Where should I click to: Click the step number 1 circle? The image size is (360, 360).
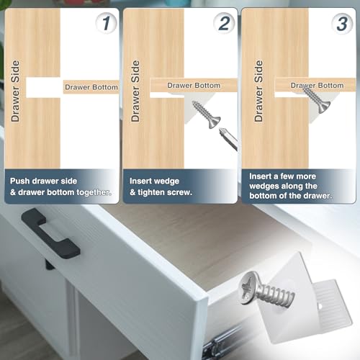tap(106, 24)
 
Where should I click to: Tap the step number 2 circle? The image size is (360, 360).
tap(224, 24)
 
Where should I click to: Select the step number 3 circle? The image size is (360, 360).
tap(343, 24)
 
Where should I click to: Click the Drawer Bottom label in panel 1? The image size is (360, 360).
tap(91, 86)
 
